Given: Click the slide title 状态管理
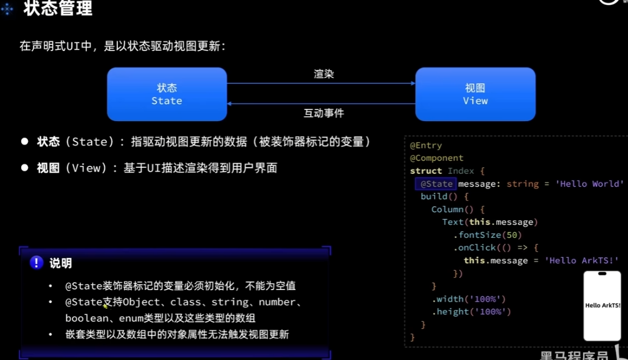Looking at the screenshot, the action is coord(58,9).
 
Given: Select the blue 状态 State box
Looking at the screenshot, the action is coord(167,94).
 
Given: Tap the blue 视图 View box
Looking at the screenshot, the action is coord(475,94).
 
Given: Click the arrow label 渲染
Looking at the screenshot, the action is coord(323,74).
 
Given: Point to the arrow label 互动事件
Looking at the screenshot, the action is coord(323,113).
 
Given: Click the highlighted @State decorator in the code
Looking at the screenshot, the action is coord(436,184).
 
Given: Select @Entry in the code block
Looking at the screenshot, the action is coord(426,145).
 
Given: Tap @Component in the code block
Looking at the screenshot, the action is coord(436,158).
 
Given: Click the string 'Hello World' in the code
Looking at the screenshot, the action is coord(589,184).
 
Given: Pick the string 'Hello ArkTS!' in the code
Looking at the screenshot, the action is coord(581,260).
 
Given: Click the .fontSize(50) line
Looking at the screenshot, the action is coord(487,235).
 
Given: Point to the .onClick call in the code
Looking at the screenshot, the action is coord(472,247).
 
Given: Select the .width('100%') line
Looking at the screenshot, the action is coord(468,299).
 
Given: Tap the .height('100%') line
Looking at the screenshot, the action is coord(471,311).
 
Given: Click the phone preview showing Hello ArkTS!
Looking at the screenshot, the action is coord(602,305).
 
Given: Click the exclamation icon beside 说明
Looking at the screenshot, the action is coord(36,263).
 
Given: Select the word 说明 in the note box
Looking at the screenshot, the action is coord(60,263).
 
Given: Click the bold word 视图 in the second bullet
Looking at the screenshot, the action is coord(48,168).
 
